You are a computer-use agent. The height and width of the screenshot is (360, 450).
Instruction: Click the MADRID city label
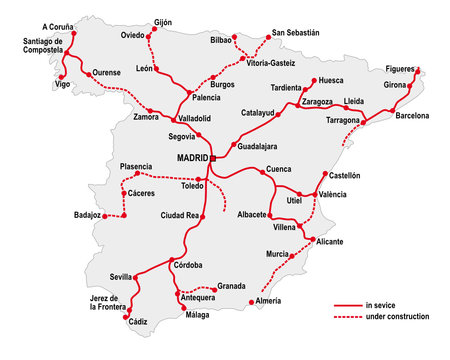pyautogui.click(x=192, y=158)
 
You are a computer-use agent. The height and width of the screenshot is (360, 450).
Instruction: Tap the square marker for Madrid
pyautogui.click(x=213, y=158)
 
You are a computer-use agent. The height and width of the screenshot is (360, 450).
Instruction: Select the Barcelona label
pyautogui.click(x=412, y=116)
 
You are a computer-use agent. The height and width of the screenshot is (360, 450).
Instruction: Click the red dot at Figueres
pyautogui.click(x=417, y=70)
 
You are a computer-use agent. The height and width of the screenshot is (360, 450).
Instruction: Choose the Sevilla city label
pyautogui.click(x=121, y=276)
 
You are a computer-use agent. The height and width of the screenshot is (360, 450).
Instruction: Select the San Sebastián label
pyautogui.click(x=295, y=33)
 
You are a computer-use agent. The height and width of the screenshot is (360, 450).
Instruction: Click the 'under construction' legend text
pyautogui.click(x=397, y=317)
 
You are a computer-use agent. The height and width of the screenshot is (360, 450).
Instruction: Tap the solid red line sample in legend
pyautogui.click(x=346, y=305)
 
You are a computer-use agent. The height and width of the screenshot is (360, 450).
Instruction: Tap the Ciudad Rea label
pyautogui.click(x=180, y=215)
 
